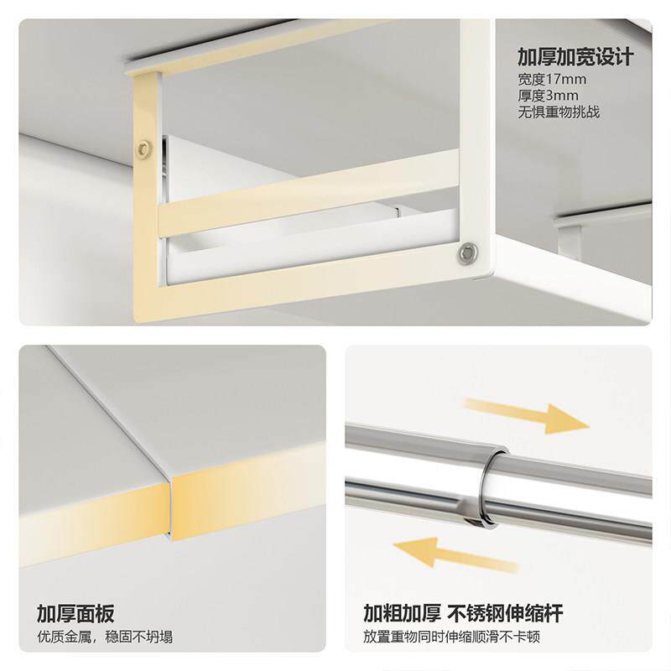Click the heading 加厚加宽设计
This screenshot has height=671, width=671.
coord(575,57)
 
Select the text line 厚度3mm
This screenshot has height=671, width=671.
coord(548,96)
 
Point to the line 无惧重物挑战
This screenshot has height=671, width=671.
coord(559,112)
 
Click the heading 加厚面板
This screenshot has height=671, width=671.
coord(75,613)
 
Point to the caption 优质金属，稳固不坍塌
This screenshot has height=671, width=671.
coord(105,637)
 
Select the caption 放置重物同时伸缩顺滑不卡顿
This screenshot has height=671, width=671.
coord(461,637)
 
